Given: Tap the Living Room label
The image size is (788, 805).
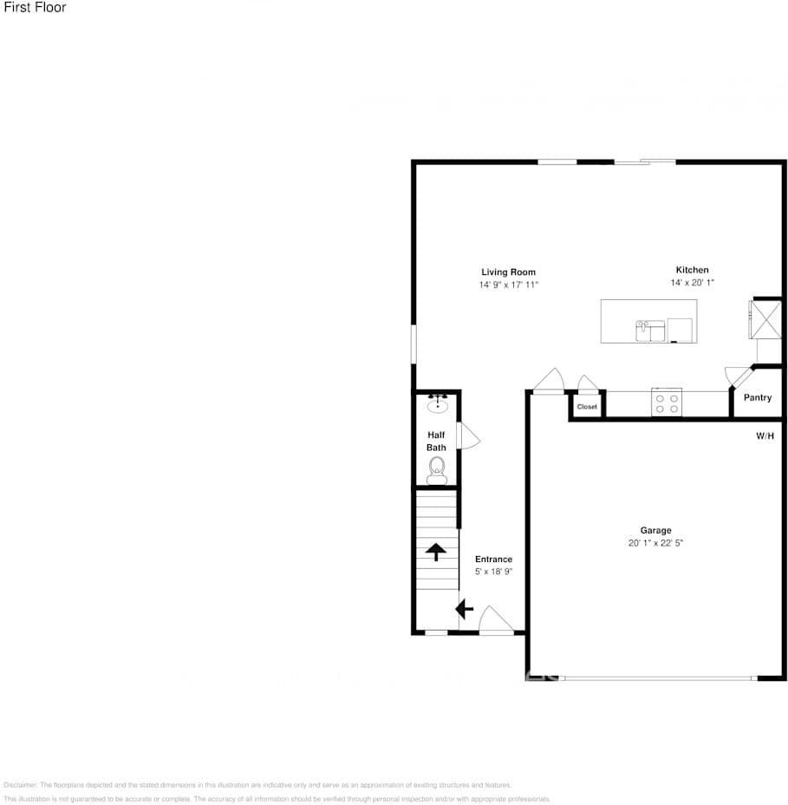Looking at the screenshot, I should pyautogui.click(x=509, y=272).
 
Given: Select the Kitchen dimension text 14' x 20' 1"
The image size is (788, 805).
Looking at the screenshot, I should pyautogui.click(x=692, y=283).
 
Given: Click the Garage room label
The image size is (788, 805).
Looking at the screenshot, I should pyautogui.click(x=655, y=531).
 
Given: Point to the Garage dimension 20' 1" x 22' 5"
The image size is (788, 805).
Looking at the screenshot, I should pyautogui.click(x=655, y=543).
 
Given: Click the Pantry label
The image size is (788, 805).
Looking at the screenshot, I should pyautogui.click(x=758, y=398).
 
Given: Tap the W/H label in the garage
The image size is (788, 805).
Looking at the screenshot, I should pyautogui.click(x=764, y=436).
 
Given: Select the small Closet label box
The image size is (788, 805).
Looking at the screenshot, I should pyautogui.click(x=587, y=406).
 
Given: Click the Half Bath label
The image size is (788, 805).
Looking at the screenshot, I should pyautogui.click(x=436, y=442).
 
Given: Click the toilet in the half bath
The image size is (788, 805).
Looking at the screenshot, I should pyautogui.click(x=437, y=469).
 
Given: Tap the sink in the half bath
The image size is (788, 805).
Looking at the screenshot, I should pyautogui.click(x=437, y=403).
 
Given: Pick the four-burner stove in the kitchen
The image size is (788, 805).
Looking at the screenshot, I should pyautogui.click(x=666, y=402).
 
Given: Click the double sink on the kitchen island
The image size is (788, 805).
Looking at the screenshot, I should pyautogui.click(x=650, y=331).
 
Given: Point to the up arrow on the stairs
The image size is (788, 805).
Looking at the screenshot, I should pyautogui.click(x=435, y=552).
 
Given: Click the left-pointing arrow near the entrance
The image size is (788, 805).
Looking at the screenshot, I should pyautogui.click(x=465, y=609).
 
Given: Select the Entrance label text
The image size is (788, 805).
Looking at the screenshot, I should pyautogui.click(x=493, y=560).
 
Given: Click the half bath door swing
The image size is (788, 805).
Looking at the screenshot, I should pyautogui.click(x=467, y=436).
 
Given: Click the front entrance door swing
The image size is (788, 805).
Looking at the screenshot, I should pyautogui.click(x=496, y=619).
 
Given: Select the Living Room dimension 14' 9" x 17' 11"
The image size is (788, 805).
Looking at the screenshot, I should pyautogui.click(x=509, y=285).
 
